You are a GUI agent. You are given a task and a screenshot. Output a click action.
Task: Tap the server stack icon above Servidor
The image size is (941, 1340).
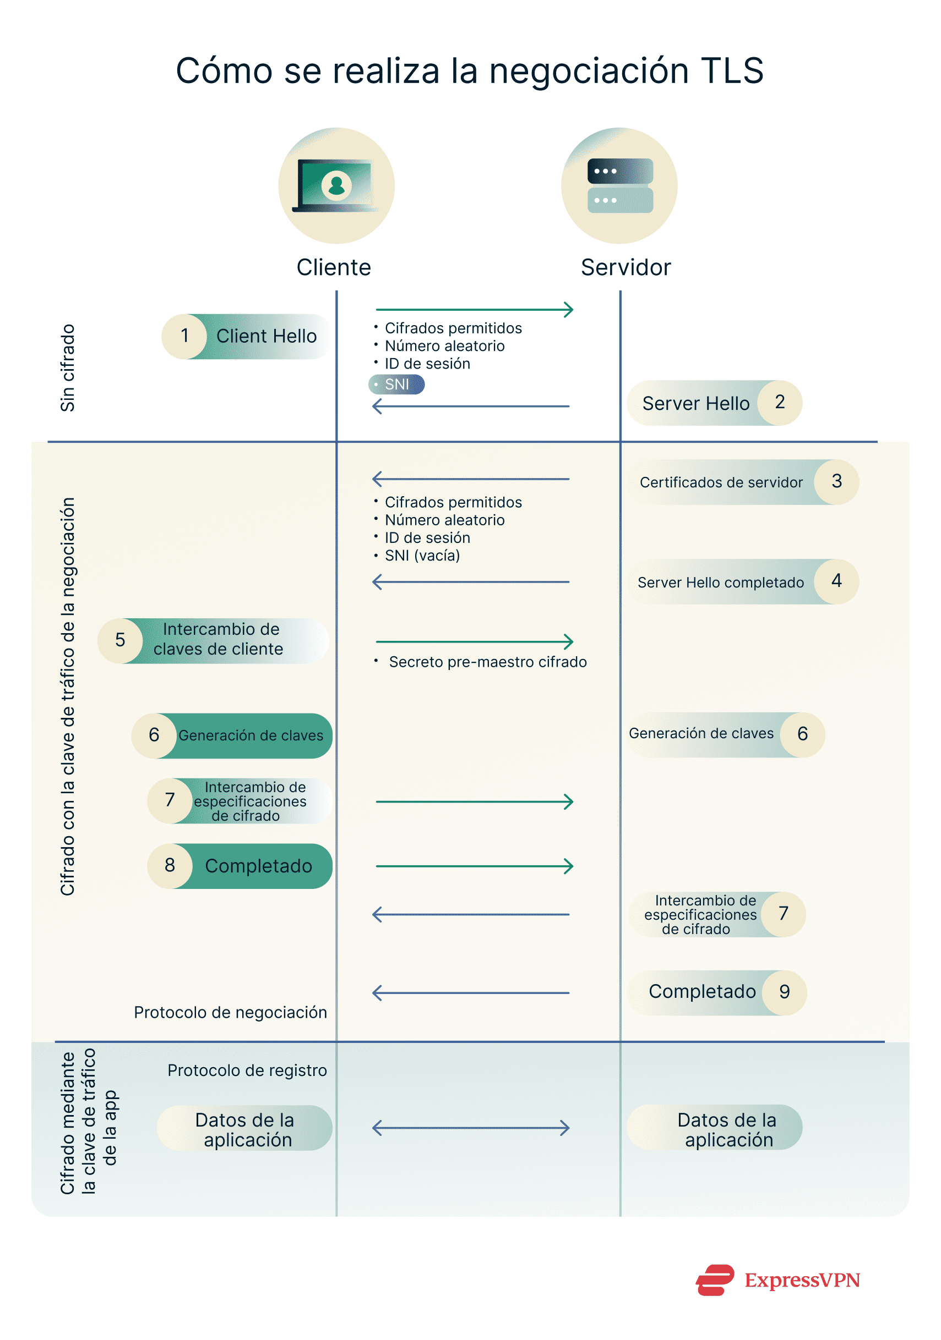click(620, 185)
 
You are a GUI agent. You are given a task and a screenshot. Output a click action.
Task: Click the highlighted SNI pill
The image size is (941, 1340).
click(396, 385)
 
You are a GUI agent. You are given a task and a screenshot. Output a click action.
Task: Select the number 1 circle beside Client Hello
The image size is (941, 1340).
click(184, 336)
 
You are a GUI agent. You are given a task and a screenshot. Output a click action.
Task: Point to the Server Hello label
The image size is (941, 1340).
click(695, 403)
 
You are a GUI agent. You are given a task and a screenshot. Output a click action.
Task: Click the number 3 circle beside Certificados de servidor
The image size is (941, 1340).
click(836, 481)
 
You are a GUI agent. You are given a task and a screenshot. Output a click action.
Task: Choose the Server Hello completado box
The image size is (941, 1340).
click(720, 583)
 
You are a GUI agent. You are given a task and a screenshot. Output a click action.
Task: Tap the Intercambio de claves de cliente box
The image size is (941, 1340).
click(218, 640)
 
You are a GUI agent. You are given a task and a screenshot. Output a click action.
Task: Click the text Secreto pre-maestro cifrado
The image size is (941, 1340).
click(487, 662)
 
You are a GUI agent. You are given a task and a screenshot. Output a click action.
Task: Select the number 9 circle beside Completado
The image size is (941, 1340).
click(785, 992)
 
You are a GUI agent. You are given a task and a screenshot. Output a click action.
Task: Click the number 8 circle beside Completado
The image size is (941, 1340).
click(170, 865)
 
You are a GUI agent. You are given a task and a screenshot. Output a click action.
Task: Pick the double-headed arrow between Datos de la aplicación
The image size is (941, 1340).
click(471, 1128)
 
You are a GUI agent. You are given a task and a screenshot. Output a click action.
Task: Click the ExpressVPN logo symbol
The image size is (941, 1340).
click(715, 1280)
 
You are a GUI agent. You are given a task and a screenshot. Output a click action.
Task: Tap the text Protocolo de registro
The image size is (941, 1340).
click(247, 1070)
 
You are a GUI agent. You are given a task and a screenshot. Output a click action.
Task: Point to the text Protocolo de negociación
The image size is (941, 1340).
click(230, 1012)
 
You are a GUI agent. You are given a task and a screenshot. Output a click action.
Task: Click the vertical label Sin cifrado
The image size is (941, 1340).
click(68, 367)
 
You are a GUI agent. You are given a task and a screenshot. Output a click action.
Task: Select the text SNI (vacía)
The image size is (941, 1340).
click(422, 556)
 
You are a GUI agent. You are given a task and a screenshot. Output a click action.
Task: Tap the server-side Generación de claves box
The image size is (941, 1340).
click(701, 734)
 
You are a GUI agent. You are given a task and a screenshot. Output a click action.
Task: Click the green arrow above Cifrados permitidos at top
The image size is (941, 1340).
click(474, 309)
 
